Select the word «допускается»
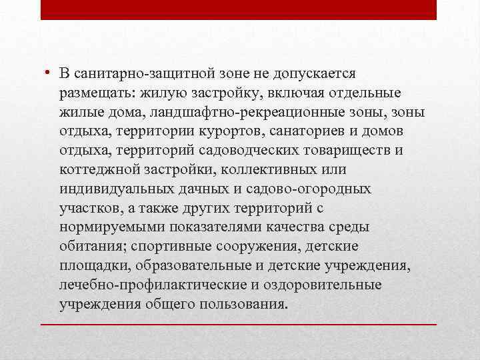[x=323, y=73]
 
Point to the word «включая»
[x=288, y=92]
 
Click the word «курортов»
[x=243, y=131]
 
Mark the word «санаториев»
[x=313, y=131]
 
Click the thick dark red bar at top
[x=239, y=9]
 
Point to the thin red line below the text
[x=239, y=324]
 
